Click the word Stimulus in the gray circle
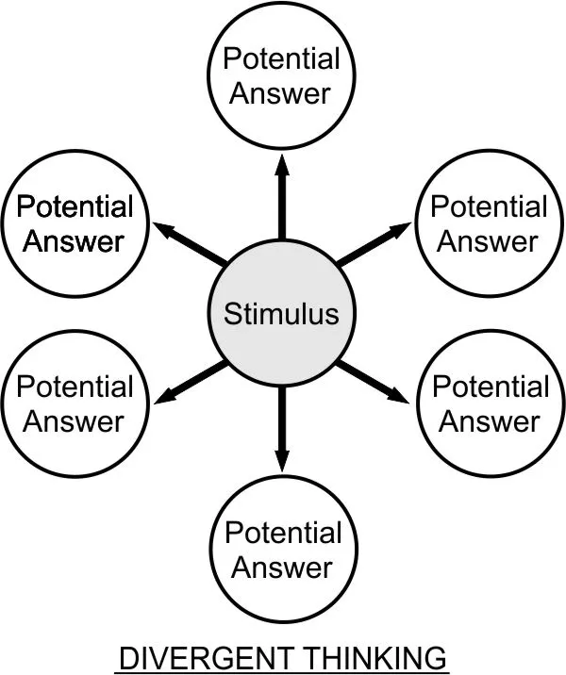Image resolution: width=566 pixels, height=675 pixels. point(281,313)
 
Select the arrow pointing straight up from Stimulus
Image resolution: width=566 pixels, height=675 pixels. point(282,197)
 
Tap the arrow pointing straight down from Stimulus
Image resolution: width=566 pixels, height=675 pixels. point(282,429)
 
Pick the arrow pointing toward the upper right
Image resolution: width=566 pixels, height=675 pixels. point(374,243)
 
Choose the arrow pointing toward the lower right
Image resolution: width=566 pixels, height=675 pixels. point(372,382)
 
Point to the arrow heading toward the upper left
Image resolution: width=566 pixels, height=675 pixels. point(191,243)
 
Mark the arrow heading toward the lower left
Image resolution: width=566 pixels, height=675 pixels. point(191,382)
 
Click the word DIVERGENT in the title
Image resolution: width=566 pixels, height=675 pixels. point(205,658)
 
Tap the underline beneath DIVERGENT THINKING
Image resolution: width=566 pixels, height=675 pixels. point(282,673)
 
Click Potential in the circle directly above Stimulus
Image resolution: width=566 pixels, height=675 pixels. point(281,58)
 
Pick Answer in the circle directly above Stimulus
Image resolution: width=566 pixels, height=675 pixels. point(279,93)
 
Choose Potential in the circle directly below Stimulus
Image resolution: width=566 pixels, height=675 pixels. point(283,533)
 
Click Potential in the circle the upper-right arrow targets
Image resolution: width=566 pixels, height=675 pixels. point(489,206)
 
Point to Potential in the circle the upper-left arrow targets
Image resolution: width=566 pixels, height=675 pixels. point(75,206)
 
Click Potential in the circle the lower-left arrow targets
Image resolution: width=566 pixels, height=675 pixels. point(75,387)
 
